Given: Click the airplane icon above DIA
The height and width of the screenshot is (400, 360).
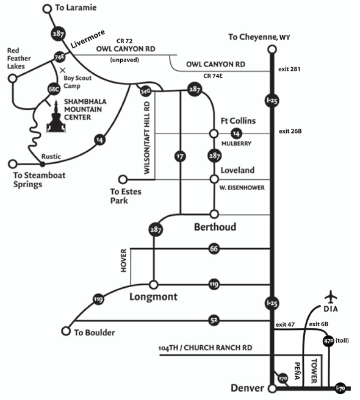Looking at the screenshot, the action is click(331, 297).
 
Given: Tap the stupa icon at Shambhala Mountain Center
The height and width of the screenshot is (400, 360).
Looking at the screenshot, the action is click(56, 117).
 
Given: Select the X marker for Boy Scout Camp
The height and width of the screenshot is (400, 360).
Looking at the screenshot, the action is click(63, 70).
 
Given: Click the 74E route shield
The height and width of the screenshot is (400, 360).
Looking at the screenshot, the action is click(59, 57).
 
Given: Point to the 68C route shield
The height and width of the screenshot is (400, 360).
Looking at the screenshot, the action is click(54, 89).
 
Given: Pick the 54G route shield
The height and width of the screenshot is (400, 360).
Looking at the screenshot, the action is click(145, 91).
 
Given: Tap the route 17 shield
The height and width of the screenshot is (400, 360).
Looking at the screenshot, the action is click(180, 156).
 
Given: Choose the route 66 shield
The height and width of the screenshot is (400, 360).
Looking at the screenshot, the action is click(214, 249).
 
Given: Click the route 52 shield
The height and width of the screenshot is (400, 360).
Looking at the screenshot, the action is click(214, 320).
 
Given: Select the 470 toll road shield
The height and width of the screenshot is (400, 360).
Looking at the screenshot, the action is click(328, 341).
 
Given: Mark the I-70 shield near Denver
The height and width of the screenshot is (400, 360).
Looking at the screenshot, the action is click(340, 388).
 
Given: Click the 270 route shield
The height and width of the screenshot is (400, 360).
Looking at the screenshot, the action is click(283, 378).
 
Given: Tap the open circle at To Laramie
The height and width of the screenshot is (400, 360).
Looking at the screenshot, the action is click(47, 9).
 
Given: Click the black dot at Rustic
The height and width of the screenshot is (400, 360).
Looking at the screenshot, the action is click(43, 164).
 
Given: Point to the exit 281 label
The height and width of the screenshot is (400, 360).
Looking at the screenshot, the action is click(289, 69).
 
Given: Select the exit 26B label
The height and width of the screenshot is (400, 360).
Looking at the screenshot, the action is click(290, 131).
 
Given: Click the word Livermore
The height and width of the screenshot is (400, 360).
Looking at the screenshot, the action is click(88, 39).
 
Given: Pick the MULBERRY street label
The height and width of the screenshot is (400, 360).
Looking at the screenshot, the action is click(236, 144).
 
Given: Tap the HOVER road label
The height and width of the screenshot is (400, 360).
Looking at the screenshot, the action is click(124, 260).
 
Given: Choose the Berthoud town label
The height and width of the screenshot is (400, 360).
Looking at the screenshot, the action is click(215, 227).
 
